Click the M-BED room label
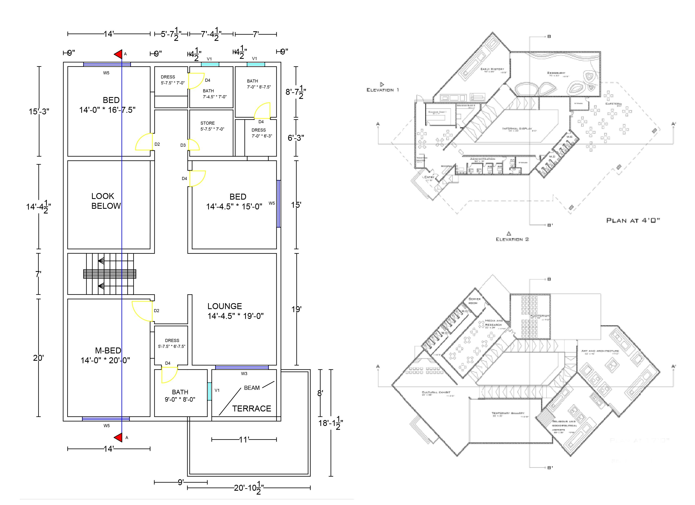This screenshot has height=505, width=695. coord(108,351)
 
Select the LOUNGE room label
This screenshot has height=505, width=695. coord(225,306)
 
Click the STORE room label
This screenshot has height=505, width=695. coord(207,123)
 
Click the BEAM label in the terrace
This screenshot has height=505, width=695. coord(252,388)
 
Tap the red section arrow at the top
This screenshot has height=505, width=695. coord(118,54)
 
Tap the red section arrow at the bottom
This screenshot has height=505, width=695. coord(118,438)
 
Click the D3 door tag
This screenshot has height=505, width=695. coord(183,145)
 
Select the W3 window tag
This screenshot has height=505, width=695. coord(244,374)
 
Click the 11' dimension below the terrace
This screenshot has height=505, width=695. coord(244,440)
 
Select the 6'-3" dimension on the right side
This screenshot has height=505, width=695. coord(296,138)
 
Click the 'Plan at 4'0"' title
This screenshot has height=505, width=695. coord(633,220)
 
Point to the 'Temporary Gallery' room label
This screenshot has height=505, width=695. coord(508,413)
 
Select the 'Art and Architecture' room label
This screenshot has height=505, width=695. coord(600,351)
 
